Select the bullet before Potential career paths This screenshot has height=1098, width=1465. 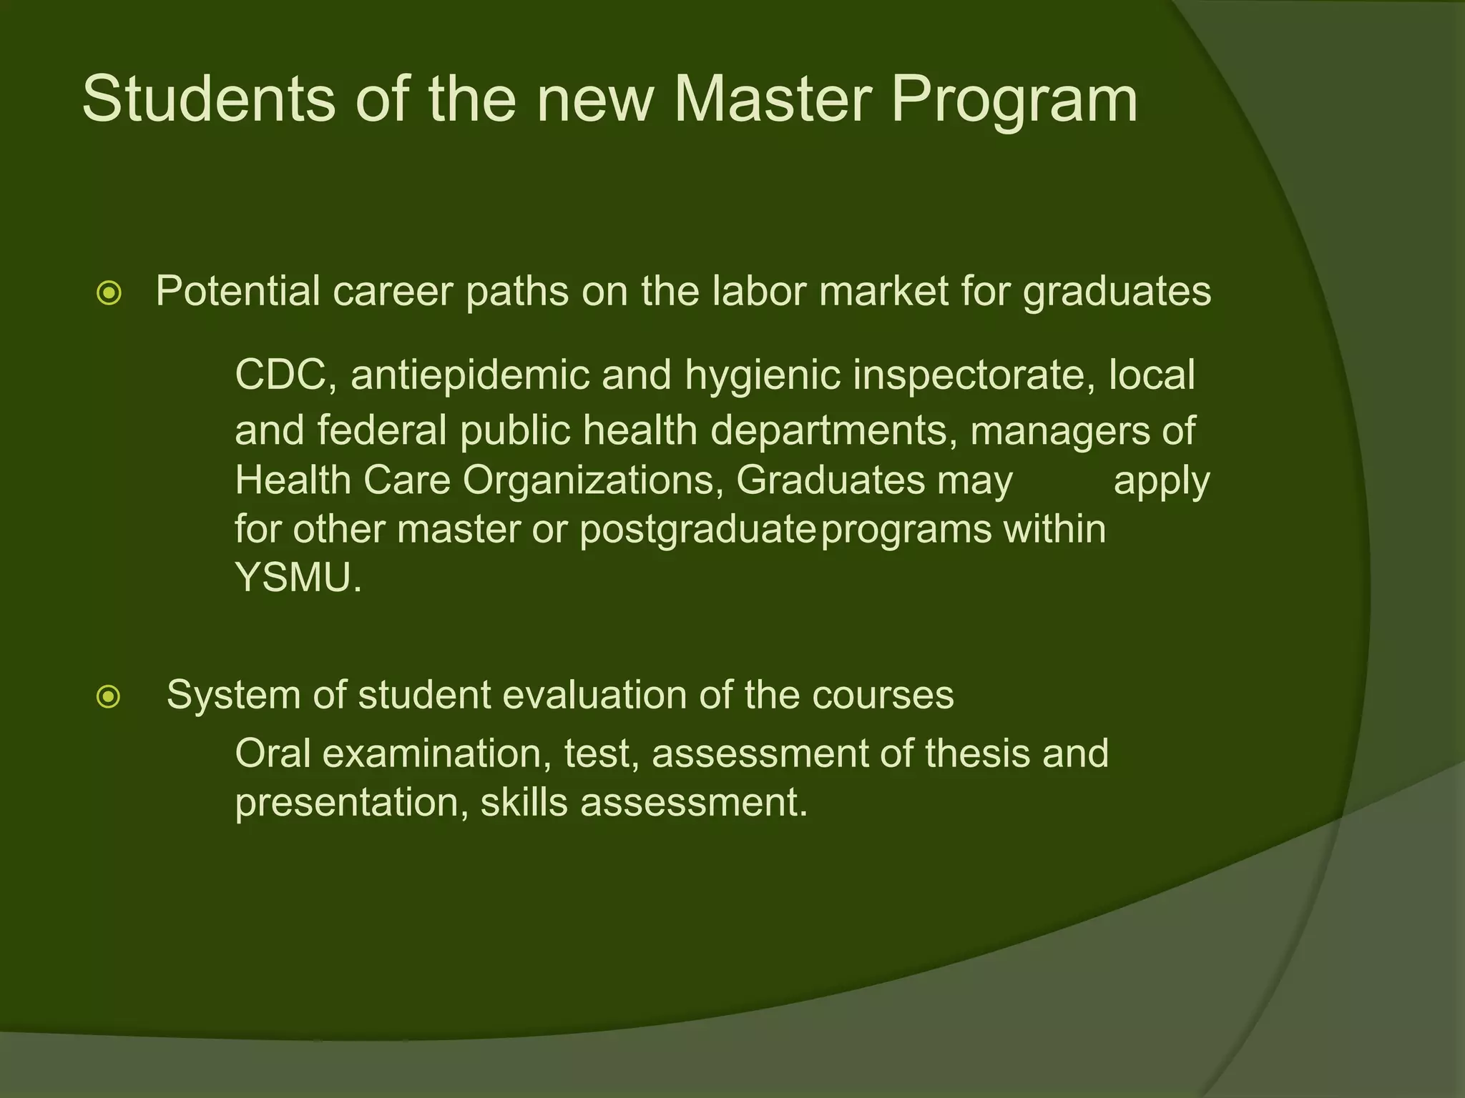pyautogui.click(x=109, y=293)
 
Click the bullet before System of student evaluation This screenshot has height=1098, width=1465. pyautogui.click(x=109, y=696)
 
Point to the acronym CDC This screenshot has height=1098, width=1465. pyautogui.click(x=280, y=375)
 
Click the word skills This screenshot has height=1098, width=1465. pyautogui.click(x=524, y=803)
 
